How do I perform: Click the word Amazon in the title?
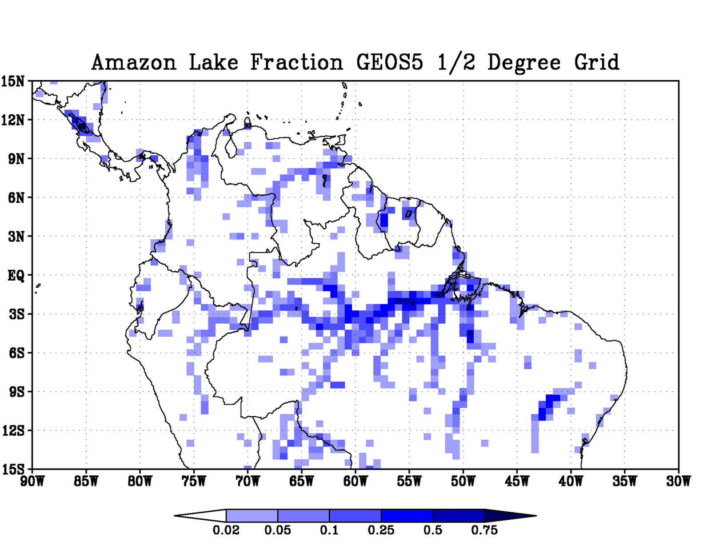tap(134, 62)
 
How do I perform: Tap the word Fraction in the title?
tap(296, 62)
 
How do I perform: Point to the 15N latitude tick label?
tap(13, 81)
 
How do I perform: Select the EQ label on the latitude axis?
tap(16, 276)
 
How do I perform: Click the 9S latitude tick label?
tap(16, 392)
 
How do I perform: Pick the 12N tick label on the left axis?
tap(13, 120)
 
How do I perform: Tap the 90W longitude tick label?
tap(32, 481)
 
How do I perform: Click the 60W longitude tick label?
tap(355, 481)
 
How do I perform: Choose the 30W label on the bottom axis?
tap(679, 481)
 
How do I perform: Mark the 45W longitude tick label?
tap(517, 481)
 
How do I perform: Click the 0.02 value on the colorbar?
tap(226, 530)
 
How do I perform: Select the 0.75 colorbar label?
tap(484, 530)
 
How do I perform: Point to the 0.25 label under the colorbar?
tap(381, 530)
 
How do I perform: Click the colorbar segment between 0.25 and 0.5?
tap(407, 516)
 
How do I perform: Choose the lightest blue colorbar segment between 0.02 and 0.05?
tap(252, 516)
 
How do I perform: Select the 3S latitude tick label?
tap(16, 314)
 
